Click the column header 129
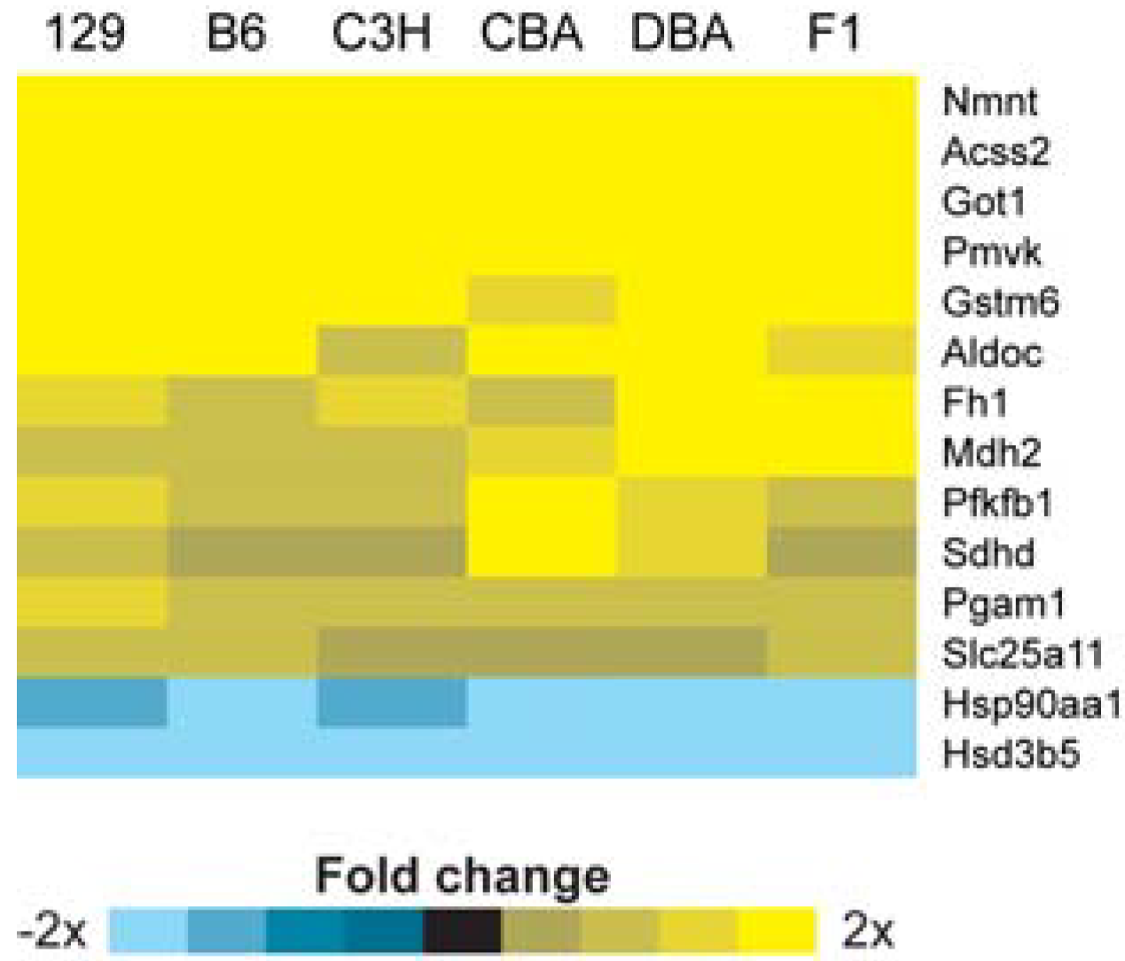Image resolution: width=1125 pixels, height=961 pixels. coord(85,34)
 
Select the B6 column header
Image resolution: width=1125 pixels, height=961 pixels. coord(236,34)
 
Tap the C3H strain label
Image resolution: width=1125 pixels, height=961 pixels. coord(382,34)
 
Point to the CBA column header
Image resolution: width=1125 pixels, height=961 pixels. coord(532,34)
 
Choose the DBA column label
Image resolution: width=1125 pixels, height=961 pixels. coord(682,34)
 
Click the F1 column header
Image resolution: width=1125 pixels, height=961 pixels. coord(834,34)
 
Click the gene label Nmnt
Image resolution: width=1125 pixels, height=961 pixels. coord(989,101)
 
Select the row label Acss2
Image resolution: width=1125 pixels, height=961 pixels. coord(996,152)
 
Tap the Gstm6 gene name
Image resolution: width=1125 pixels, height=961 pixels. coord(1000,302)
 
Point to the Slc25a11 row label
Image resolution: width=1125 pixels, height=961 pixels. coord(1022,654)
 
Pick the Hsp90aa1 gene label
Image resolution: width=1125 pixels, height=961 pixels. coord(1031,705)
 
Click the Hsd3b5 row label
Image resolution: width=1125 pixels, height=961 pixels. coord(1011,754)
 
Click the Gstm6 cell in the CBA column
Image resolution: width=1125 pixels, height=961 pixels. coord(541,301)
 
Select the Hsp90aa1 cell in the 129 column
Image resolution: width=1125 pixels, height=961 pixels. coord(91,703)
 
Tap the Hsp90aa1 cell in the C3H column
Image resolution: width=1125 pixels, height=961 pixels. coord(391,703)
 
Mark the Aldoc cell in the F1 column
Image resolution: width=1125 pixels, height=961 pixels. coord(841,351)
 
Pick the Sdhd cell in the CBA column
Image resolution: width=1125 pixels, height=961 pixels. coord(541,552)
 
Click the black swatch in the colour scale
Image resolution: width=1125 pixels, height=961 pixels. coord(462,930)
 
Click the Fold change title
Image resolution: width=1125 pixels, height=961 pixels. coord(462,876)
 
